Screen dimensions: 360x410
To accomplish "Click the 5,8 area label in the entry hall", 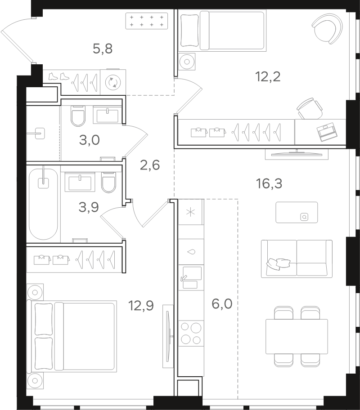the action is click(103, 49).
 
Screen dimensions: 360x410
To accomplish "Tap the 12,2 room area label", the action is click(268, 77).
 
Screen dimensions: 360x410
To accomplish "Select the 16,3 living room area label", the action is click(269, 183).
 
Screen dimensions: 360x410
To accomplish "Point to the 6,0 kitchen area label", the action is click(222, 304).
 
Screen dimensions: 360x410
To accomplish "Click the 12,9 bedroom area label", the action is click(141, 305).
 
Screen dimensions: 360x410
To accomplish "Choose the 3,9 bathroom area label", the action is click(89, 207).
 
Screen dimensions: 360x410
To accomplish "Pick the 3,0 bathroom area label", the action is click(89, 140).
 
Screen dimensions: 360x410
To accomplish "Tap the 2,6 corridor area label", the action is click(150, 165).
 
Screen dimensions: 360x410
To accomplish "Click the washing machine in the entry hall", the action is click(113, 82).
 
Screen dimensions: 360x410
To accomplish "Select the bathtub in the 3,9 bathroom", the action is click(43, 204).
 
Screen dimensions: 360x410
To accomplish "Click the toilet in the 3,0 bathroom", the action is click(78, 116).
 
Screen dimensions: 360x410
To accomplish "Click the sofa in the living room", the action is click(297, 258).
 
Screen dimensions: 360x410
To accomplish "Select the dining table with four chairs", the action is click(297, 337).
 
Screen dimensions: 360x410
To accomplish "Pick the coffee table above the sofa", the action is click(297, 212).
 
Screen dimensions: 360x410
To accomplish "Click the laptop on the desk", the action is click(327, 132).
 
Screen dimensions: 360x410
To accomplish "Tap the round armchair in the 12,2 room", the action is click(327, 28).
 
